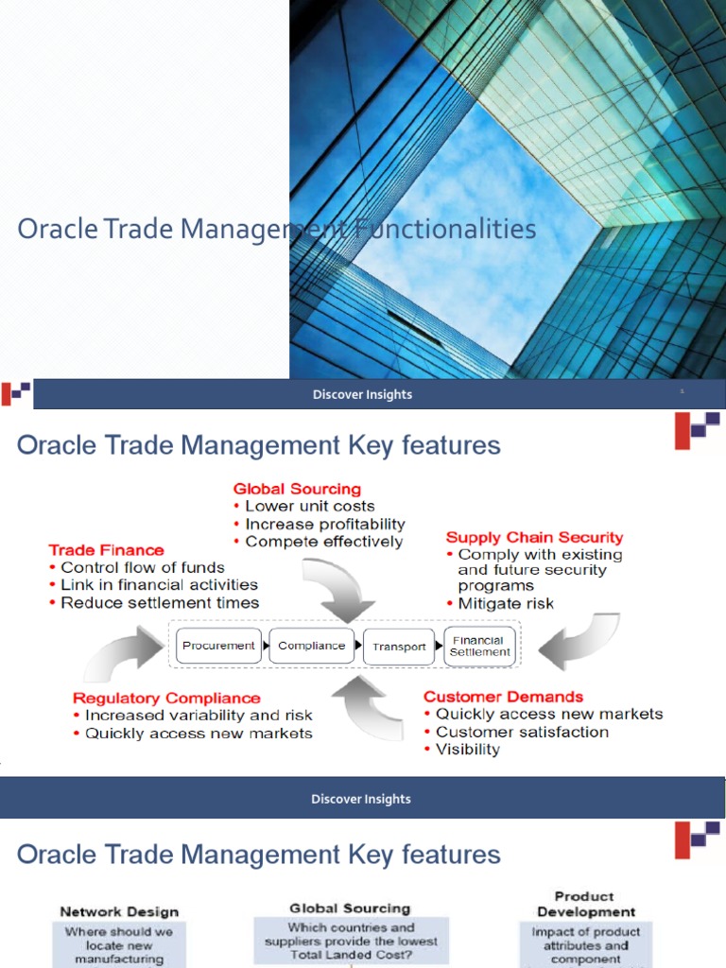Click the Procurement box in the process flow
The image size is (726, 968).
pos(218,646)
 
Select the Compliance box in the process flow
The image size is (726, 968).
pos(311,646)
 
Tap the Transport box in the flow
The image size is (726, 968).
pos(399,647)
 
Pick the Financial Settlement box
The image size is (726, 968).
pos(479,646)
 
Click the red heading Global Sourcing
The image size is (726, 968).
pos(297,489)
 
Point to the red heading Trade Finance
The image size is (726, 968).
pos(106,550)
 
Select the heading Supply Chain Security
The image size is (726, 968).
pos(534,538)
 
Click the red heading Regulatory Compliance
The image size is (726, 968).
pos(166,699)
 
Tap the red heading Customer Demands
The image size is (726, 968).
pos(503,697)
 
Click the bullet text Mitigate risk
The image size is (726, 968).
pos(506,603)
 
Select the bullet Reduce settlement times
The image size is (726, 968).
pos(159,602)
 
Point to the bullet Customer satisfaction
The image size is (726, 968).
pos(522,732)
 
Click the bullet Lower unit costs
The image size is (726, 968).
pos(309,507)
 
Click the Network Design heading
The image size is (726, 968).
pos(119,912)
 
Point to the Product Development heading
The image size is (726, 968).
pos(586,904)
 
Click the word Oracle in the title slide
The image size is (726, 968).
pos(57,229)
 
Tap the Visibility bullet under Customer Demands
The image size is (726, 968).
pos(467,749)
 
